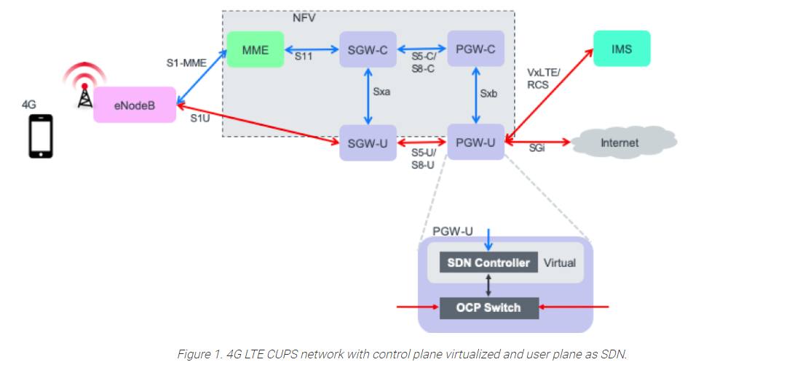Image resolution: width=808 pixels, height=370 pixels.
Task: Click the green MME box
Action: click(x=256, y=50)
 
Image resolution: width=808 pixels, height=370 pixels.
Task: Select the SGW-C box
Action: click(x=368, y=49)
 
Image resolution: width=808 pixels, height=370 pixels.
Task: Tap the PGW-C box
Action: click(x=475, y=49)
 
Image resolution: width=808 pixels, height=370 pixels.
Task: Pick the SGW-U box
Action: click(x=368, y=142)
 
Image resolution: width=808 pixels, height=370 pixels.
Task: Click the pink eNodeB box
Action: click(x=135, y=105)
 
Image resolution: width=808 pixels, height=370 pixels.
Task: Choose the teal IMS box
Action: click(x=622, y=49)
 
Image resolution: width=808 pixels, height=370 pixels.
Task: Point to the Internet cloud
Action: click(x=619, y=142)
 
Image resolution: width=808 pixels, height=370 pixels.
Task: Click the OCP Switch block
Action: click(x=488, y=307)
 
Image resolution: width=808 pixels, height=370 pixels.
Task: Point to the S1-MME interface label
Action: click(x=186, y=63)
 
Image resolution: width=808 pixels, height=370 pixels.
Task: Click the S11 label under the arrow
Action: click(x=304, y=55)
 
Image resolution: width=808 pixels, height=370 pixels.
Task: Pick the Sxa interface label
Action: click(x=381, y=92)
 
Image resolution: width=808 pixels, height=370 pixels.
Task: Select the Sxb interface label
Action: click(x=488, y=93)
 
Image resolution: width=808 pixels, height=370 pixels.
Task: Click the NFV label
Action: click(x=304, y=17)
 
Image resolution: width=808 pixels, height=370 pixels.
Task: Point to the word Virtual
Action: click(x=559, y=263)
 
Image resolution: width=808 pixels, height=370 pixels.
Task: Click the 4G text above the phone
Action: click(x=29, y=105)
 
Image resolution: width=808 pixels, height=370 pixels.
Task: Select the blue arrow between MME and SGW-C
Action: click(x=312, y=49)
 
